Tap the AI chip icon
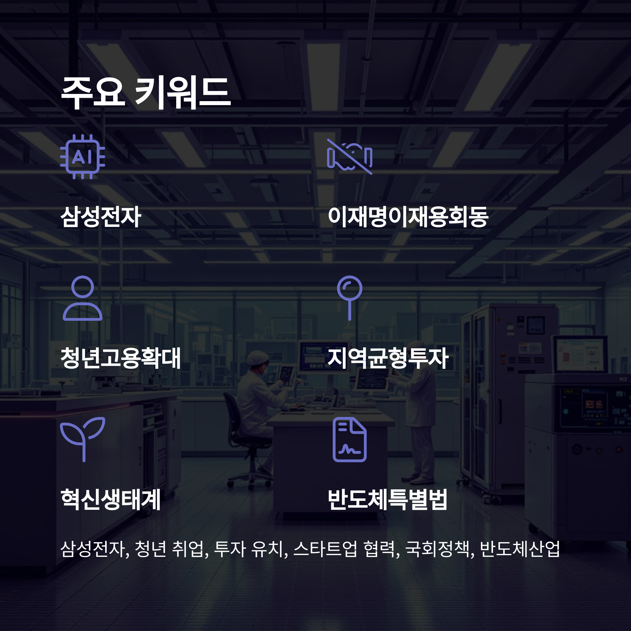(83, 157)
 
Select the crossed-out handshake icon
(349, 157)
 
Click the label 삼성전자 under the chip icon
(101, 217)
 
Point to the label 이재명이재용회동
(408, 217)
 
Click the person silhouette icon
(83, 298)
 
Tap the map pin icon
(349, 298)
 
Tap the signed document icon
(349, 440)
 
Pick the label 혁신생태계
(111, 499)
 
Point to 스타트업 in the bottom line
(325, 549)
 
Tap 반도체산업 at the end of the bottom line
(520, 549)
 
